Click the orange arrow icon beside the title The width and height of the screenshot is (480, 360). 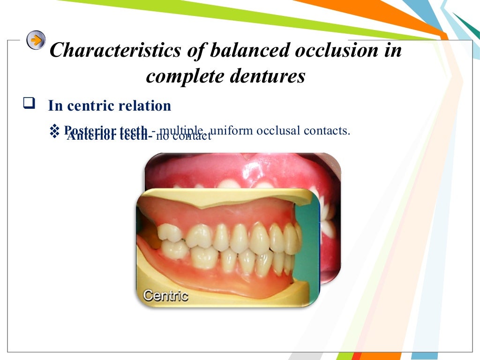click(36, 40)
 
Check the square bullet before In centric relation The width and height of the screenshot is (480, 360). click(29, 104)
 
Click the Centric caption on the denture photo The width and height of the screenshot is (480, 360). click(165, 296)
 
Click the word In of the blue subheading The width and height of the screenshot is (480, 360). click(55, 106)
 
